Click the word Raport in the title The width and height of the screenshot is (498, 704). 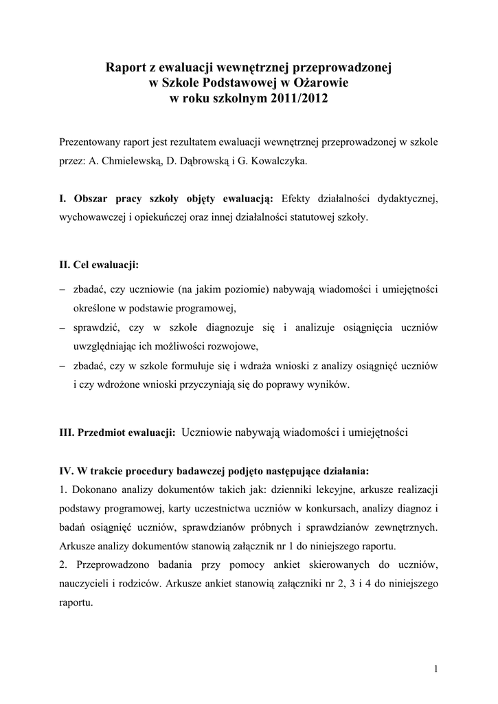pyautogui.click(x=124, y=68)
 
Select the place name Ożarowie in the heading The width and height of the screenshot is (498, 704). pyautogui.click(x=322, y=83)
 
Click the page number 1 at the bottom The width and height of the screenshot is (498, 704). pyautogui.click(x=436, y=670)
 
